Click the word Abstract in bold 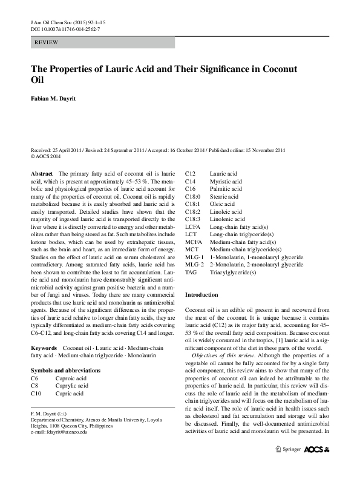pos(42,174)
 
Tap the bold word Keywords pos(44,348)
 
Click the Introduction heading pos(201,294)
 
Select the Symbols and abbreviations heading pos(65,369)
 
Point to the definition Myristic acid pos(226,181)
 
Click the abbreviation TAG pos(191,272)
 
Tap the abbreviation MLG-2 pos(194,265)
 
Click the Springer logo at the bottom pos(288,466)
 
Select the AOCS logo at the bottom pos(321,466)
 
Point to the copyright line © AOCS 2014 pos(46,156)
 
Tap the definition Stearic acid pos(224,197)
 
